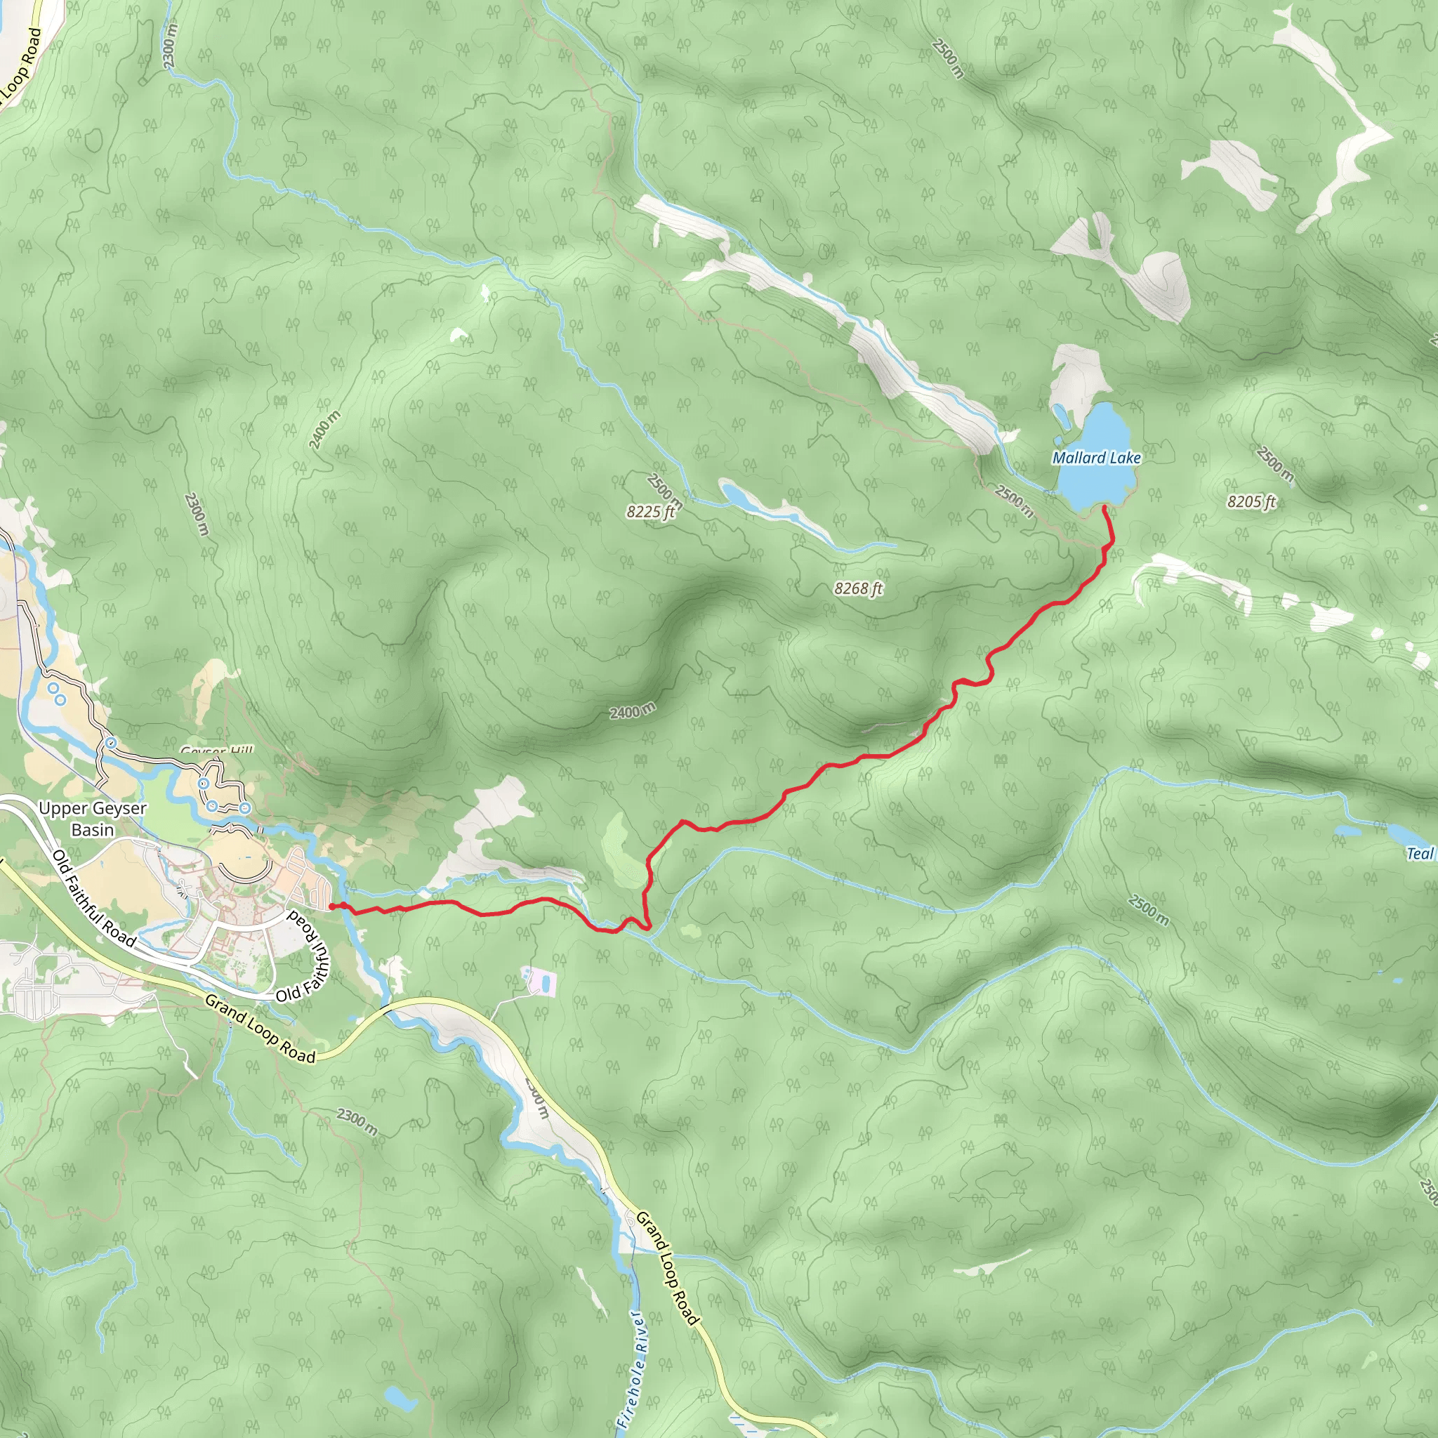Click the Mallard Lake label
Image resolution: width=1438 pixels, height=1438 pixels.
click(1095, 458)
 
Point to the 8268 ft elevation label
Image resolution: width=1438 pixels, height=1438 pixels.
click(857, 588)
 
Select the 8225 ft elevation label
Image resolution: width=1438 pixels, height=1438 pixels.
click(649, 511)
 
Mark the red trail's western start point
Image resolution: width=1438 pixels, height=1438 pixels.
click(331, 906)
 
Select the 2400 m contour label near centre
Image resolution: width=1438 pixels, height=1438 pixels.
click(633, 711)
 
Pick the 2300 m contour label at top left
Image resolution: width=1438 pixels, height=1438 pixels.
click(171, 46)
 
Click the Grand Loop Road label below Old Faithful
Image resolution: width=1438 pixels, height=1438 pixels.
click(260, 1029)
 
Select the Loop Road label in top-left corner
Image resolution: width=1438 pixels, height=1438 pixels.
click(22, 67)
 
